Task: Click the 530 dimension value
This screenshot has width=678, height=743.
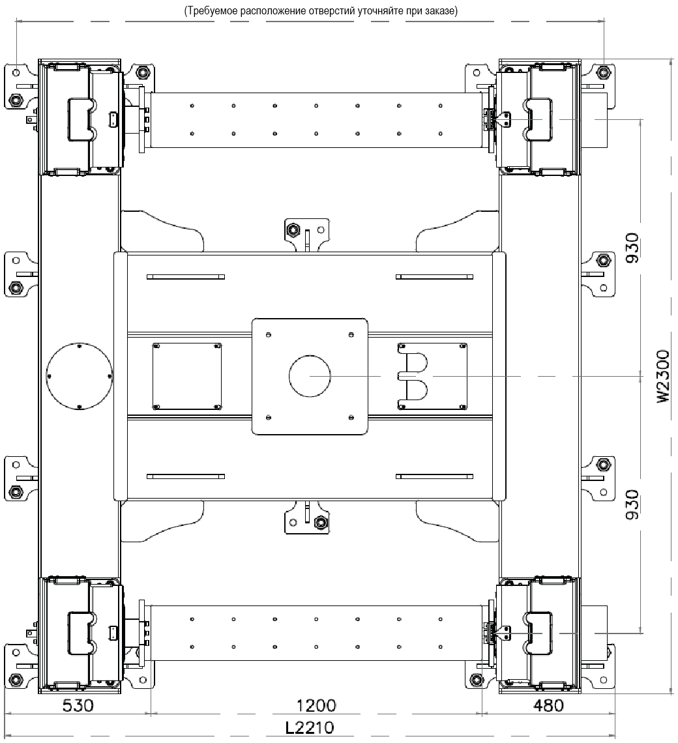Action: tap(78, 706)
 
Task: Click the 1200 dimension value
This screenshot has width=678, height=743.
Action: tap(316, 706)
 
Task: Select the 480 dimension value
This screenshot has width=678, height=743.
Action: tap(548, 706)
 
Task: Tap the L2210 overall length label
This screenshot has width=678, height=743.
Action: tap(310, 727)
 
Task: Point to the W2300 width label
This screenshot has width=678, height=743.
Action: tap(664, 376)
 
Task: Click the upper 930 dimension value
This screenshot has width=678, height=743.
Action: tap(632, 248)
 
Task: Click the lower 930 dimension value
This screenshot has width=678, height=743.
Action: tap(632, 504)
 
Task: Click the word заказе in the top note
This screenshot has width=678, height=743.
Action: tap(442, 11)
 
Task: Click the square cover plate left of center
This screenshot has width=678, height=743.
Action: tap(187, 376)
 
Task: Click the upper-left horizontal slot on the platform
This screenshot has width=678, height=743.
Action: tap(186, 277)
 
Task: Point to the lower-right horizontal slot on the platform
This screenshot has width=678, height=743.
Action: tap(434, 476)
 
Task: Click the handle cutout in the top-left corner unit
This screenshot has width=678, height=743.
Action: tap(81, 119)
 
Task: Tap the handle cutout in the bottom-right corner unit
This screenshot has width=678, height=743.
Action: tap(538, 633)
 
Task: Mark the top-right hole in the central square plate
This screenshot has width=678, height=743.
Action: tap(351, 335)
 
